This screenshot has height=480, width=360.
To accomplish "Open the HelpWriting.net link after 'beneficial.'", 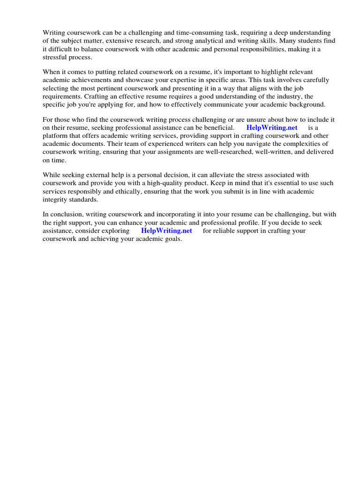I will [x=272, y=127].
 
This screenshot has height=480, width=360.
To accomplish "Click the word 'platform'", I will [x=55, y=135].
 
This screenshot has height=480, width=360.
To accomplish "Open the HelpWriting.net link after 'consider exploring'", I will [x=166, y=231].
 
